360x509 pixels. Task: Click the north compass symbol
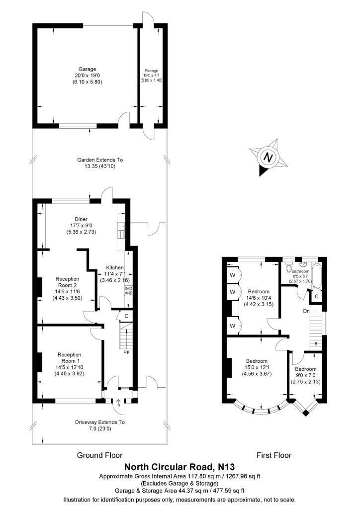click(x=269, y=158)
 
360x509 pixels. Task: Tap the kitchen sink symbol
click(x=121, y=231)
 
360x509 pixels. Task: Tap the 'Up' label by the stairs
click(x=126, y=351)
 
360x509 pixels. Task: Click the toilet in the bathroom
click(x=289, y=270)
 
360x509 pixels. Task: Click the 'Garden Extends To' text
click(x=99, y=160)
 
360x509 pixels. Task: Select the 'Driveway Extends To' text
click(x=99, y=422)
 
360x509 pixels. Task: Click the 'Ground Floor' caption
click(x=99, y=455)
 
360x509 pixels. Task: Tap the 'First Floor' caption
click(x=273, y=455)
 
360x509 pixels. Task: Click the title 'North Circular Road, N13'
click(x=179, y=467)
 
